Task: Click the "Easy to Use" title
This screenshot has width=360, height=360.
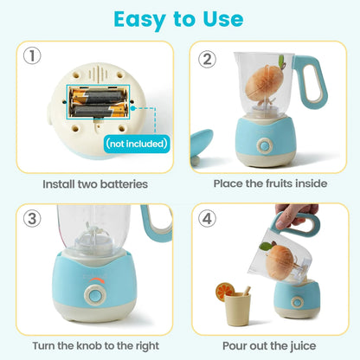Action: point(180,19)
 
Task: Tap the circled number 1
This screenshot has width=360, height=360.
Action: point(32,57)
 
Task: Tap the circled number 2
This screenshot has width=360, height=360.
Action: point(207,59)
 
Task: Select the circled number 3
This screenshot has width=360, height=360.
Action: point(32,218)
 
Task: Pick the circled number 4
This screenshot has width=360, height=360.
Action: point(207,218)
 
